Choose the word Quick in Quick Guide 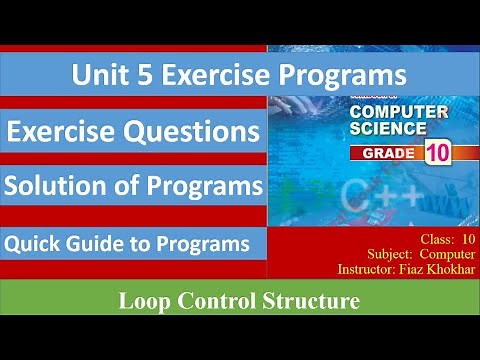coord(31,243)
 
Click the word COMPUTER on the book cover coord(398,113)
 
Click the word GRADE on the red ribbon coord(384,155)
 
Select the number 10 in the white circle coord(436,154)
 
